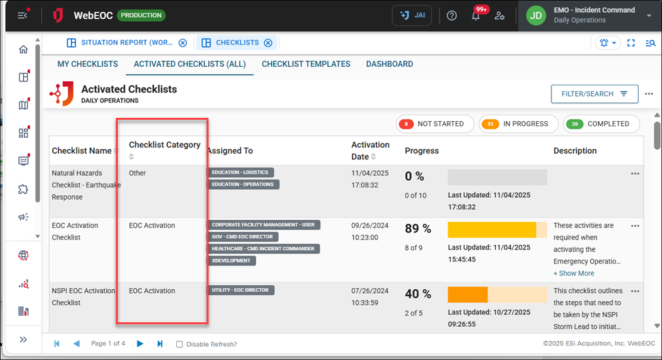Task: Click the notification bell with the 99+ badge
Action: (476, 16)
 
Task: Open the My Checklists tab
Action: (87, 64)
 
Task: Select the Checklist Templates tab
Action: (306, 64)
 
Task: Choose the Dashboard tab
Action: (389, 64)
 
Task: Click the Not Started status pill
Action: (435, 124)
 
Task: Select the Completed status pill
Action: (601, 124)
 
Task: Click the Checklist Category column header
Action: (164, 145)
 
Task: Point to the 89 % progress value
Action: (418, 229)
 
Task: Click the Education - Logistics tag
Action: (242, 173)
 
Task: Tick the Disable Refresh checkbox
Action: (179, 344)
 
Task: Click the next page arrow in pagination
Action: (140, 343)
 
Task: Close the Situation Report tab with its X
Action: (183, 43)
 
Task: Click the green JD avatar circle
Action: (536, 15)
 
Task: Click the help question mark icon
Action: (452, 16)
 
